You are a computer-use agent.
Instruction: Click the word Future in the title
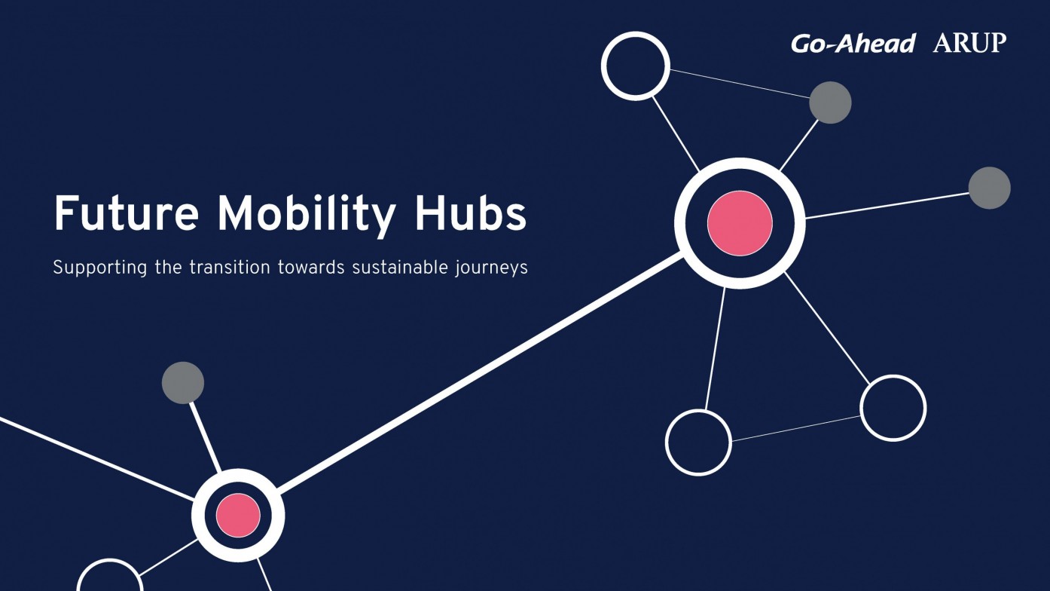coord(127,213)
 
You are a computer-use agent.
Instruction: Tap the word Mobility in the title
coord(307,216)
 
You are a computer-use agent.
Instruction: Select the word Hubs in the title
coord(471,213)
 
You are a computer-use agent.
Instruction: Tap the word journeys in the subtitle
coord(491,268)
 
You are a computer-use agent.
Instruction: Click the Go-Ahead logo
coord(853,44)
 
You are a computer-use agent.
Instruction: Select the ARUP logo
coord(969,43)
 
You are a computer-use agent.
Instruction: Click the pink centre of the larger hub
coord(740,223)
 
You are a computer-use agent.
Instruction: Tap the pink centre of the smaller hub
coord(238,515)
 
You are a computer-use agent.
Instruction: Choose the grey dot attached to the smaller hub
coord(183,383)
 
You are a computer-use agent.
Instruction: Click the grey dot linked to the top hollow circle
coord(830,103)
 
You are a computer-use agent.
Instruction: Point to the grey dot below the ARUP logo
coord(990,188)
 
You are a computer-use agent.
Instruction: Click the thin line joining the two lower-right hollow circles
coord(796,429)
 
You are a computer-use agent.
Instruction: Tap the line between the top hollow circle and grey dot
coord(740,84)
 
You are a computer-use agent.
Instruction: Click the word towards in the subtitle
coord(311,268)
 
